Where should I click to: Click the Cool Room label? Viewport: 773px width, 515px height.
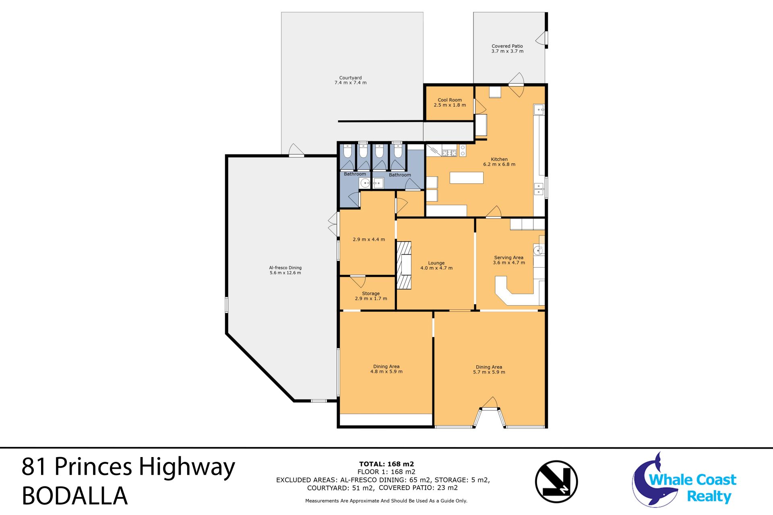coord(450,103)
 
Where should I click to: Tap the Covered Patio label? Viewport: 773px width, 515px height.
coord(507,49)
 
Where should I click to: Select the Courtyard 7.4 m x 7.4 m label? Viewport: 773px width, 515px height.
coord(350,80)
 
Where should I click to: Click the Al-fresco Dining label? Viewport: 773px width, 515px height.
coord(285,270)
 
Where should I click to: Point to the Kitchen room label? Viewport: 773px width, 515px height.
coord(499,162)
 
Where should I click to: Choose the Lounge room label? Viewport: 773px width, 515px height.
coord(436,266)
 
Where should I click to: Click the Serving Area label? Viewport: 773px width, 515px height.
coord(509,260)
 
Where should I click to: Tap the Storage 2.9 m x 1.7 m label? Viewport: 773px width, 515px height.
coord(371,296)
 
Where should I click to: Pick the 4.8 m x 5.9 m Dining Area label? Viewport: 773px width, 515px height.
coord(386,369)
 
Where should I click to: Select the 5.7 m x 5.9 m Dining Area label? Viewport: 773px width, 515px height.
coord(489,369)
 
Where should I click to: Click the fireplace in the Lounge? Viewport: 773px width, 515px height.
coord(404,265)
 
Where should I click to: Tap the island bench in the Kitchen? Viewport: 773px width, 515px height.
coord(466,178)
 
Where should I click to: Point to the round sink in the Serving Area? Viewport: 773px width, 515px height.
coord(538,250)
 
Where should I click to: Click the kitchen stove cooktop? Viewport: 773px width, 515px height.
coord(449,153)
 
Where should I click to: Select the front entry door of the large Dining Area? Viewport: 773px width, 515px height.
coord(490,403)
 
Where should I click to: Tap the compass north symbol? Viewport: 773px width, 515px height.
coord(556,482)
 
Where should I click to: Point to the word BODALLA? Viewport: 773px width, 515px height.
coord(75,496)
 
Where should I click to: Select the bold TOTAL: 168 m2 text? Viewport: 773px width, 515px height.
coord(386,464)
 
